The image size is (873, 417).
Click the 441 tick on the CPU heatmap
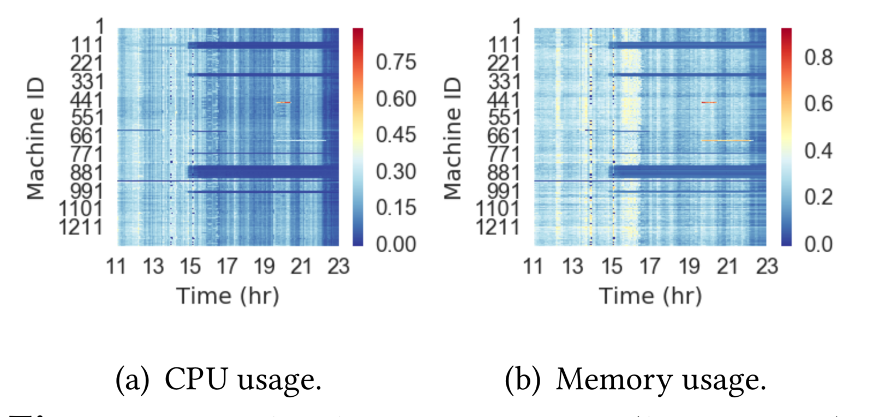pos(86,100)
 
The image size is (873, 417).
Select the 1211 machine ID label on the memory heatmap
pos(497,227)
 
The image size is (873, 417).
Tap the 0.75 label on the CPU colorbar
pos(396,62)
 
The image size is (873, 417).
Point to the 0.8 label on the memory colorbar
pos(818,57)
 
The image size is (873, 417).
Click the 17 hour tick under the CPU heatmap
pos(227,266)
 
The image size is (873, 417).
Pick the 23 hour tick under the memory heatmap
pos(767,266)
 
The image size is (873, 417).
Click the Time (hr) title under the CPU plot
pos(228,296)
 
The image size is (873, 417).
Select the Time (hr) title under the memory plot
pos(650,296)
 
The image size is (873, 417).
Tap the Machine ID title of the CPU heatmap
pos(36,139)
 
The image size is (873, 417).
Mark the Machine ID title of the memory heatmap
pos(453,139)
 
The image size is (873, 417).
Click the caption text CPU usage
pos(243,379)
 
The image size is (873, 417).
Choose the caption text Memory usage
pos(661,379)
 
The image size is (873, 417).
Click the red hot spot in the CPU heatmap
pos(284,103)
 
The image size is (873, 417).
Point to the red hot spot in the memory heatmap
pos(708,103)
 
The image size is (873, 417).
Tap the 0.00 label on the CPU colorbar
pos(396,244)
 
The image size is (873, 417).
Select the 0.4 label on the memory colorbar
pos(818,151)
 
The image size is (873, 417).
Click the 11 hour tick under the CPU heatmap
pos(116,266)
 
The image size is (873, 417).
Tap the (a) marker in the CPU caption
pos(132,379)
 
